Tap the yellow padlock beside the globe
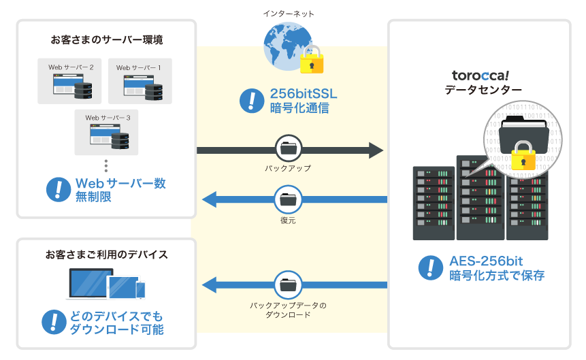312,61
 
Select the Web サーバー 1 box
139,81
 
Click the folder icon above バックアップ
289,148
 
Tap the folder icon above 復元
289,200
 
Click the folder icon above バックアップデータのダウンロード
289,283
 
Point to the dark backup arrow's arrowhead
377,150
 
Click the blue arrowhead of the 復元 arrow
209,200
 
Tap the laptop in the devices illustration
87,284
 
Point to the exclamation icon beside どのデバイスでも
54,323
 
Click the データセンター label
483,90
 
